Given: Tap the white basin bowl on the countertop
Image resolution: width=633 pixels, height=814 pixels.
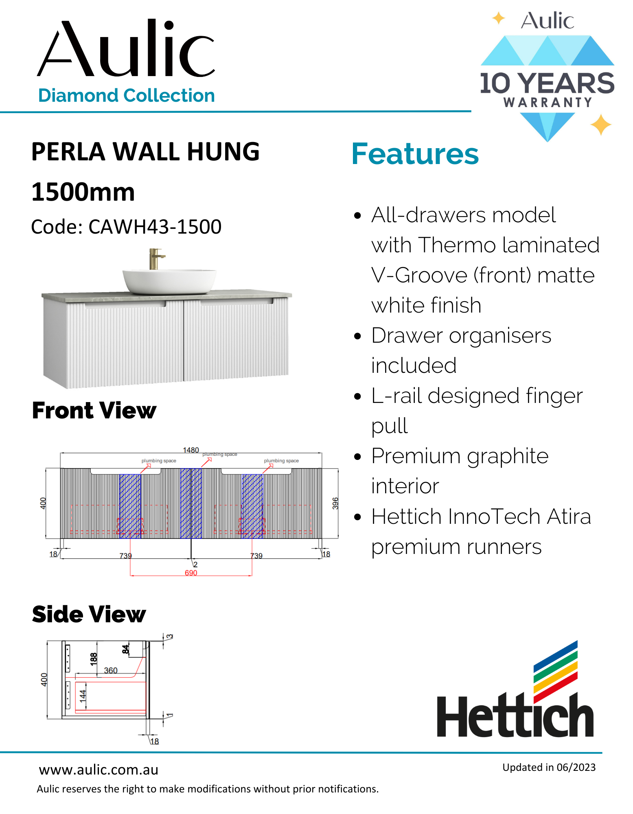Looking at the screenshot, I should (x=169, y=281).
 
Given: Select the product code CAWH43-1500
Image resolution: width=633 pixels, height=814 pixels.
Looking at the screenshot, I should (x=155, y=227).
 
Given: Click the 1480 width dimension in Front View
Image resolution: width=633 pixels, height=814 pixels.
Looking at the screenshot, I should (x=191, y=450).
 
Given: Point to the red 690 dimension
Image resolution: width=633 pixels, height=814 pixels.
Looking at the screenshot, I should (x=191, y=573).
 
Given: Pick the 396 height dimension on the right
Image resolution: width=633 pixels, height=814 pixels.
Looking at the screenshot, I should (x=335, y=503).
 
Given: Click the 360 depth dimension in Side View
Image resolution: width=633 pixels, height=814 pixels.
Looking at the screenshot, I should (x=111, y=670).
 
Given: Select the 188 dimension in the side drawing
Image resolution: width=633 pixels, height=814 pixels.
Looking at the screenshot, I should (x=94, y=659).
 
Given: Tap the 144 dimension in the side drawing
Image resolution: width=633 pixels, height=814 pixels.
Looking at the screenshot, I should (x=83, y=696).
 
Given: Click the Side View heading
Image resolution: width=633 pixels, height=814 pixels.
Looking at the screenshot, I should (x=89, y=614).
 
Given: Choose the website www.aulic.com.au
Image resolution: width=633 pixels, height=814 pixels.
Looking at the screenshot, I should (x=99, y=770).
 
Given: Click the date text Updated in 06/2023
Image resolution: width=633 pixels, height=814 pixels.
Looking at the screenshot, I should (x=549, y=767).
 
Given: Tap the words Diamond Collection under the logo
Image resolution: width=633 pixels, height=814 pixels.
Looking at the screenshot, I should (x=126, y=96).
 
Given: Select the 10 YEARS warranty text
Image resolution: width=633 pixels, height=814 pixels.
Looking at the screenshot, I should (x=547, y=83).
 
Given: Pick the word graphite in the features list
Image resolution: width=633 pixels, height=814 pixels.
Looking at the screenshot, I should (x=508, y=456).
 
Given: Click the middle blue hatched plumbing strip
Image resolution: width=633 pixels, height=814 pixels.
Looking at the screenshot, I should (x=191, y=503).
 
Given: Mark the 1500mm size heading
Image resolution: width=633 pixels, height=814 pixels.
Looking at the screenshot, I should (x=83, y=192).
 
